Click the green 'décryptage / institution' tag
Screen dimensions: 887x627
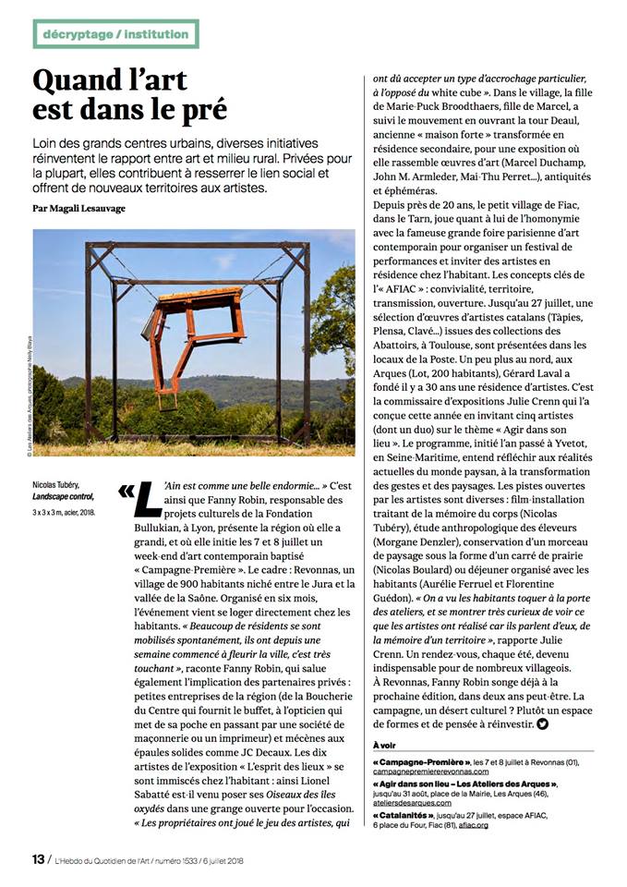[115, 34]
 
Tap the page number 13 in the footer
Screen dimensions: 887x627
[38, 858]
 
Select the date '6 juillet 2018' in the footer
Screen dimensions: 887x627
[229, 859]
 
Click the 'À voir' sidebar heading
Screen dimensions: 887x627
[388, 745]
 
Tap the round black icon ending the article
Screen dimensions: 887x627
[542, 723]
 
